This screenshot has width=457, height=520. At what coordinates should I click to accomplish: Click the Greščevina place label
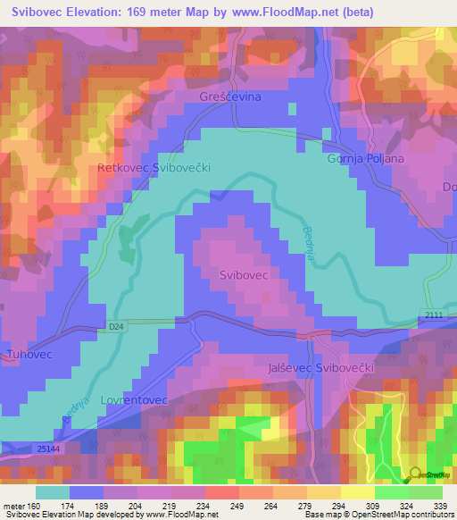click(224, 96)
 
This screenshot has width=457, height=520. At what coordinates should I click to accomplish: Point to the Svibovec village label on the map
click(244, 276)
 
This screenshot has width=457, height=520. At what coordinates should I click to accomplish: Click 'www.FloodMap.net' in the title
click(287, 12)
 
